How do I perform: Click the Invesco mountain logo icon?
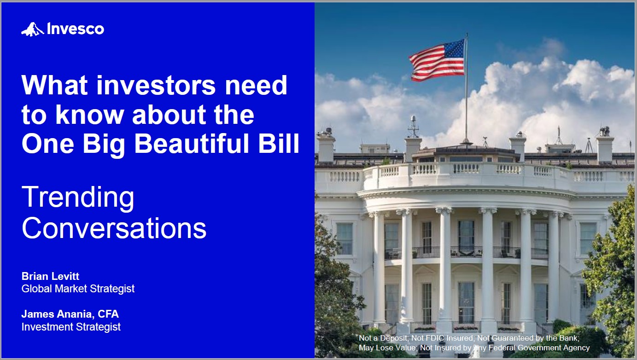[x=33, y=29]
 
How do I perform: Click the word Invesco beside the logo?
[x=76, y=29]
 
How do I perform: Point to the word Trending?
[x=78, y=197]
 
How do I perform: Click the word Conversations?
[x=114, y=228]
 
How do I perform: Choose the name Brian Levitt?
[x=50, y=276]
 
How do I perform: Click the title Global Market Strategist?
[x=78, y=289]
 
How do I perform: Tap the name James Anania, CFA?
[x=70, y=314]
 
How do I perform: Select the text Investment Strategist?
[x=71, y=327]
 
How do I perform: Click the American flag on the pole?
[x=437, y=60]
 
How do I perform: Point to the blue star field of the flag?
[x=454, y=49]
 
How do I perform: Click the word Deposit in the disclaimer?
[x=393, y=338]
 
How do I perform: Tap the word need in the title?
[x=256, y=85]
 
